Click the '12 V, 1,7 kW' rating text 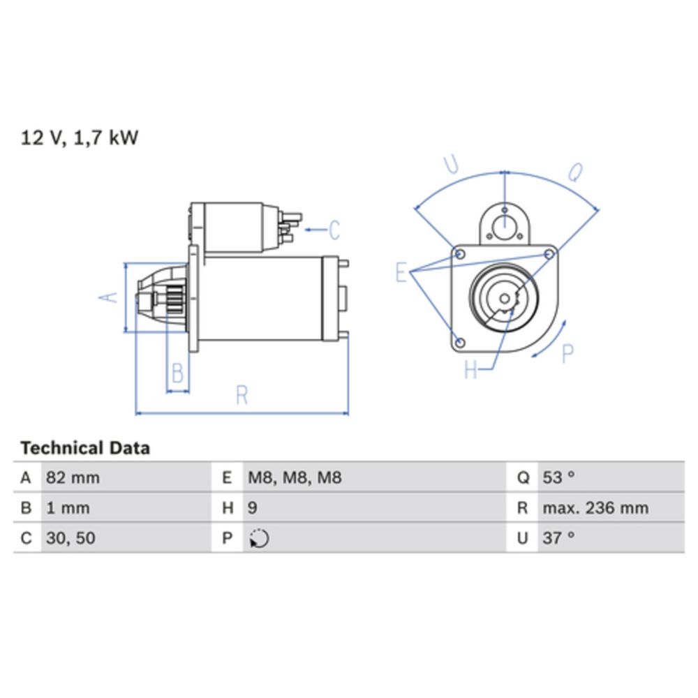click(x=80, y=138)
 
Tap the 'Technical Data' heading click(x=85, y=448)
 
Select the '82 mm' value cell click(x=73, y=477)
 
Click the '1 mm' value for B click(x=68, y=508)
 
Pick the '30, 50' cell click(x=70, y=538)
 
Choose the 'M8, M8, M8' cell click(x=295, y=477)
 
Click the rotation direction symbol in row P click(x=259, y=538)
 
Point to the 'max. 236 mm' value click(x=595, y=508)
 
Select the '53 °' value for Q click(x=558, y=477)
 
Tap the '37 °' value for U click(x=558, y=538)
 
